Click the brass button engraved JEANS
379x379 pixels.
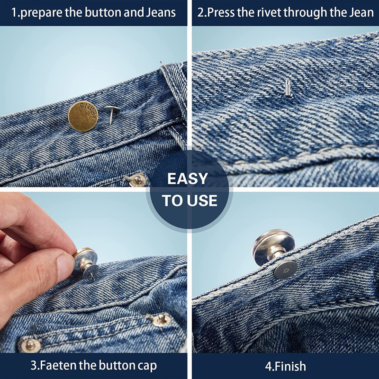83,116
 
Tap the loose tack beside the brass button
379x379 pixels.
111,113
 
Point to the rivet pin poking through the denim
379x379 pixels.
288,87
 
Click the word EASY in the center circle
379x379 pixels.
188,179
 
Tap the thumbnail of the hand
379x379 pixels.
65,265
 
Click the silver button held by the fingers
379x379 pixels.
86,263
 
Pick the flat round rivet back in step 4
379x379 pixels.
285,270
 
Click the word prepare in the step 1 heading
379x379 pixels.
42,13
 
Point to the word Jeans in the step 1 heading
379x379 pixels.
161,13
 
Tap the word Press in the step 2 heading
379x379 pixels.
221,13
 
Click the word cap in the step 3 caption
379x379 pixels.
147,366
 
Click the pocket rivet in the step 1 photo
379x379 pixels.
137,180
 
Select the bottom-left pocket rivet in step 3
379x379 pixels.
30,345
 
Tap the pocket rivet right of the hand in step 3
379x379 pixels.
162,320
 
